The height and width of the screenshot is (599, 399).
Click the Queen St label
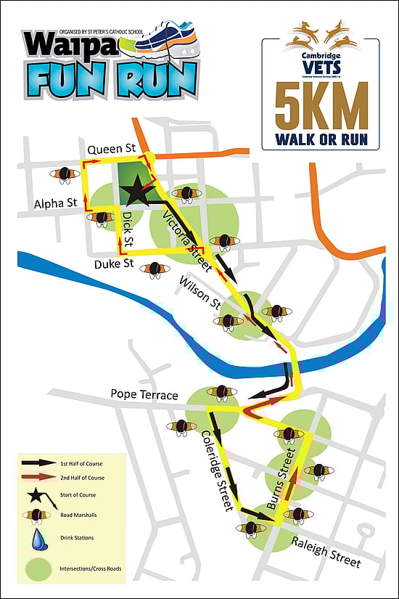tap(112, 149)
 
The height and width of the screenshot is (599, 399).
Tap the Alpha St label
tap(55, 205)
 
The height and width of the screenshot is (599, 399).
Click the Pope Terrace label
tap(144, 395)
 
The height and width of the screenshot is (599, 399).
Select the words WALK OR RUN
tap(321, 139)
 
